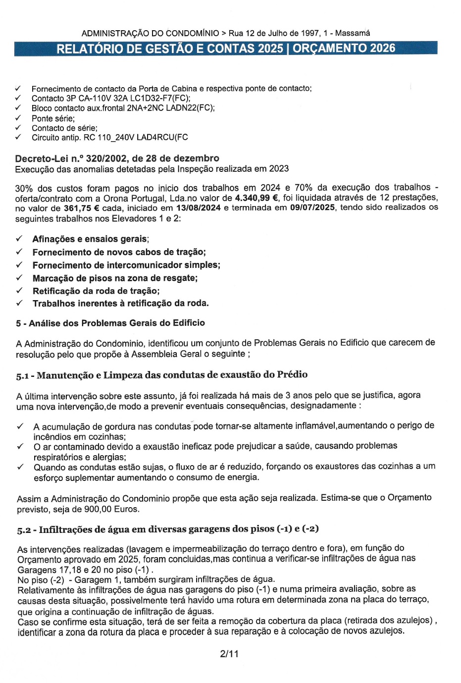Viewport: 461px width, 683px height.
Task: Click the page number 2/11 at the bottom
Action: point(229,654)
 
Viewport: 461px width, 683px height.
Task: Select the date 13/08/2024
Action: point(198,208)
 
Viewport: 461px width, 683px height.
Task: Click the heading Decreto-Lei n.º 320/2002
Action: point(117,158)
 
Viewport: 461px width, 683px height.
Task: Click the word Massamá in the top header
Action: point(353,33)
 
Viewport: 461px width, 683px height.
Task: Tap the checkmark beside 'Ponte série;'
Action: point(18,118)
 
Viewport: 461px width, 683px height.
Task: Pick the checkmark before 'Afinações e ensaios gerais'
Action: point(19,239)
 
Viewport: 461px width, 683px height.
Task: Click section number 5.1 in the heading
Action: point(23,376)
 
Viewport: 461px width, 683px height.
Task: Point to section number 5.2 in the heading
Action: point(23,530)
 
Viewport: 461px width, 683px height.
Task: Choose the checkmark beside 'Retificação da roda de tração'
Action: point(19,291)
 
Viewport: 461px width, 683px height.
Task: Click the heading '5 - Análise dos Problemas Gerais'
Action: point(110,323)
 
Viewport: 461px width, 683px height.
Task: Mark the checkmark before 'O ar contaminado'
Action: point(20,446)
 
